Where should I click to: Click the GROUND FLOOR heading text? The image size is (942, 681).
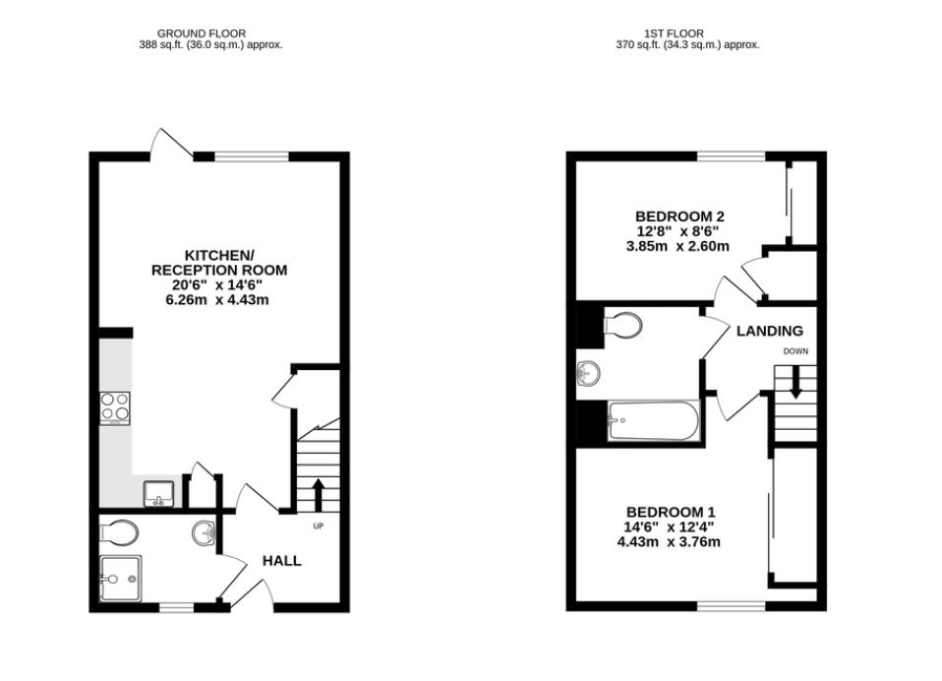tap(202, 33)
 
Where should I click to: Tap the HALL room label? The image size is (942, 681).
tap(281, 561)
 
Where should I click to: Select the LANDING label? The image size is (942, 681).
tap(770, 331)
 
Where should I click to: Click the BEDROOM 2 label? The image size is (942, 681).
tap(680, 217)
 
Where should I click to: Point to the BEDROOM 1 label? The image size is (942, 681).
tap(671, 512)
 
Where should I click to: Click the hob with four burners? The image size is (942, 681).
tap(115, 406)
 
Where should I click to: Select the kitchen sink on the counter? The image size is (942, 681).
tap(157, 491)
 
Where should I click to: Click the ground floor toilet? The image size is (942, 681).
tap(121, 532)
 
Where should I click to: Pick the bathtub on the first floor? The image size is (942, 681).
tap(653, 421)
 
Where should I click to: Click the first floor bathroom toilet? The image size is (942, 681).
tap(621, 326)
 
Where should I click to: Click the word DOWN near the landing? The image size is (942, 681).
tap(795, 351)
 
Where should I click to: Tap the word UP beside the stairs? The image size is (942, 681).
tap(318, 526)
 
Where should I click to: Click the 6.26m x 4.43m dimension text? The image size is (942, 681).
tap(217, 299)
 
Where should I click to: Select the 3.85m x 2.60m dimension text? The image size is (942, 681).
tap(677, 246)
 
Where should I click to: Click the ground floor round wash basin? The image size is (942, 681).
tap(205, 532)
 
